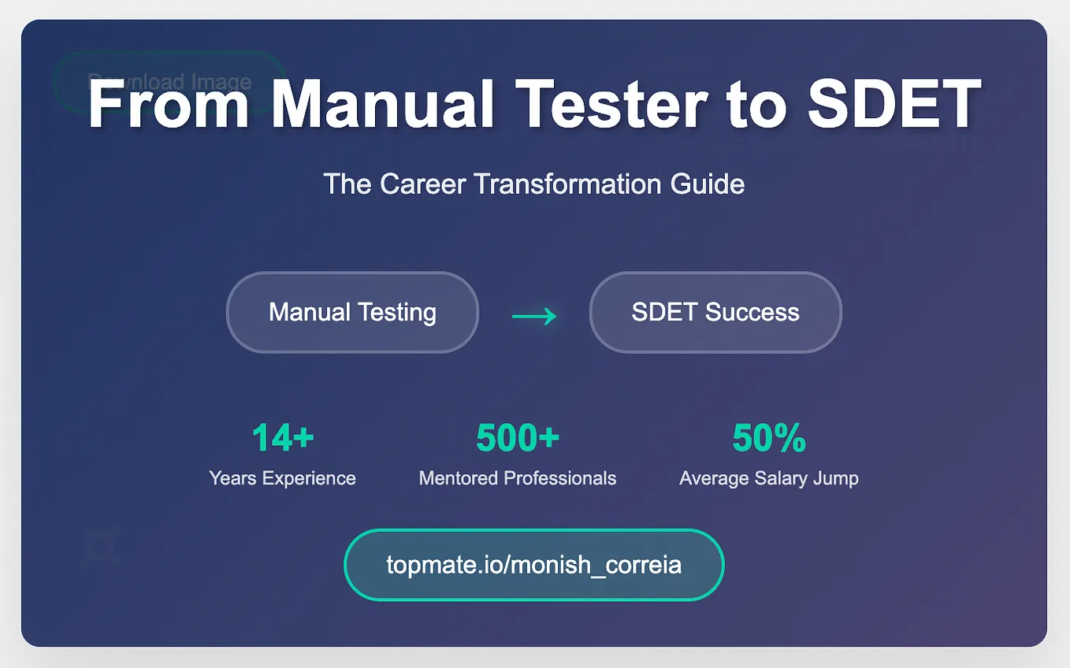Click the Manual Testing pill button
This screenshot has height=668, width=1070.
352,312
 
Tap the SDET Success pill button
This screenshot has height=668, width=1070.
715,312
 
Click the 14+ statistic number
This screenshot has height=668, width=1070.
283,438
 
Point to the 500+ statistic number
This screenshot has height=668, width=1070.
518,438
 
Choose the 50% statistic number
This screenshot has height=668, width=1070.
769,438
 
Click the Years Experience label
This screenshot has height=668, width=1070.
283,478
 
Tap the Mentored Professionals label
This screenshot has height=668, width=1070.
518,478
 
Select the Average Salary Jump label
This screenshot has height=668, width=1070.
769,478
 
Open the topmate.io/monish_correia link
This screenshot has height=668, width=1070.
533,565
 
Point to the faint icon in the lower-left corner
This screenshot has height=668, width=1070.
99,545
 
